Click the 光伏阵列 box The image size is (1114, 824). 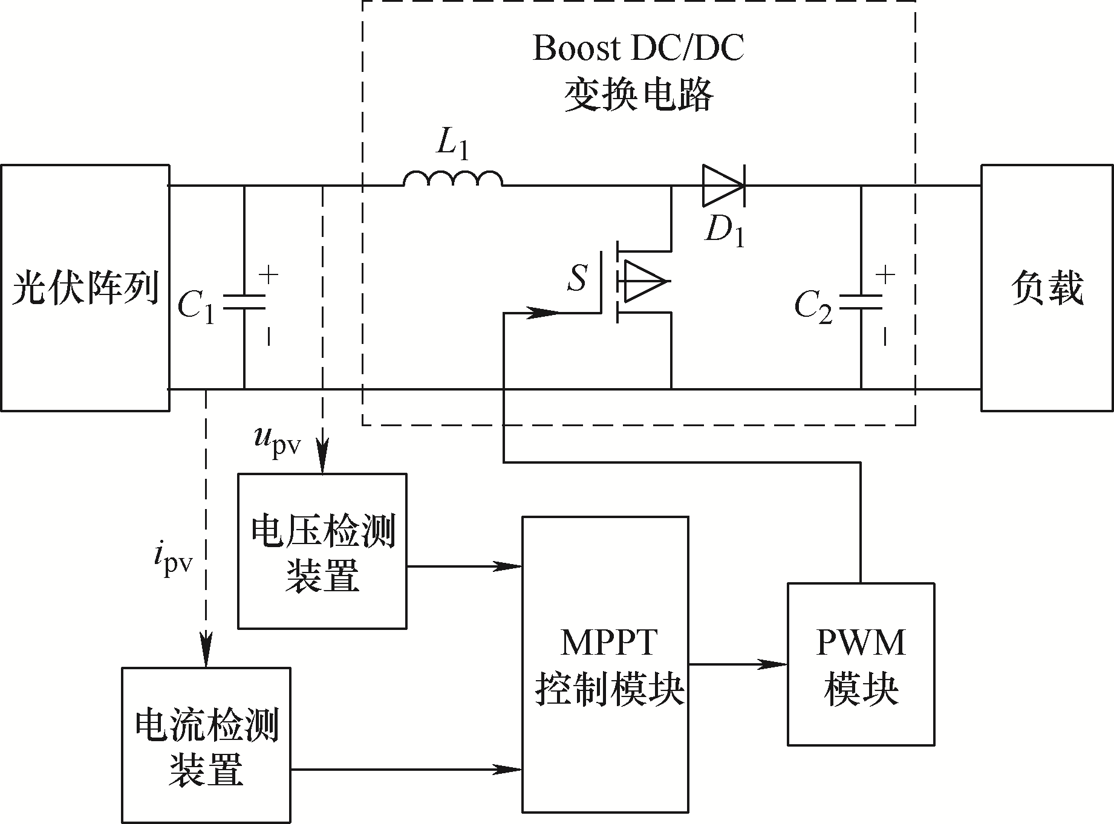pyautogui.click(x=85, y=288)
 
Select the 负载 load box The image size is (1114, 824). pyautogui.click(x=1047, y=288)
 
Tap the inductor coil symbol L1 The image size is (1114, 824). pyautogui.click(x=453, y=178)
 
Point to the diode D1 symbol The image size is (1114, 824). pyautogui.click(x=723, y=186)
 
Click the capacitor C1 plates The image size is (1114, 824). pyautogui.click(x=244, y=302)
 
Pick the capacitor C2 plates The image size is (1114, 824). pyautogui.click(x=861, y=302)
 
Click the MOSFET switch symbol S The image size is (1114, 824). pyautogui.click(x=635, y=281)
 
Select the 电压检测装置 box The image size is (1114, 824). pyautogui.click(x=322, y=551)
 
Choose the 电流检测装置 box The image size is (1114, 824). pyautogui.click(x=206, y=745)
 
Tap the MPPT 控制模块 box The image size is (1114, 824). pyautogui.click(x=605, y=664)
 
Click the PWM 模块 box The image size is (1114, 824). pyautogui.click(x=861, y=664)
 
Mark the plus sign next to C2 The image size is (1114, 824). pyautogui.click(x=885, y=275)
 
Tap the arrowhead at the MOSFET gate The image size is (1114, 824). pyautogui.click(x=544, y=313)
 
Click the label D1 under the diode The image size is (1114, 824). pyautogui.click(x=725, y=230)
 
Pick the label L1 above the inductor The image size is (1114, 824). pyautogui.click(x=452, y=145)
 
